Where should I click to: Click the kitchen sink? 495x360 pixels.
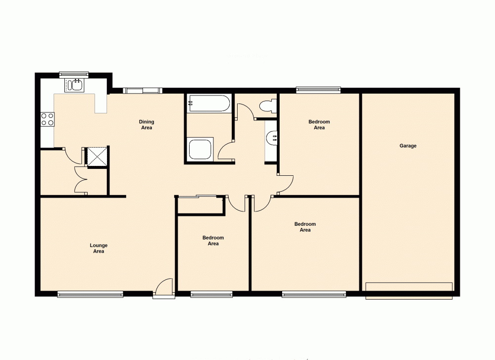(74, 86)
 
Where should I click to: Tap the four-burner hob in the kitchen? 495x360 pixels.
(48, 119)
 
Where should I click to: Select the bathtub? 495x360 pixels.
(208, 104)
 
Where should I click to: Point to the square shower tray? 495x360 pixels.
(200, 149)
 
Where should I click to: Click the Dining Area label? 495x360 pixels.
(146, 125)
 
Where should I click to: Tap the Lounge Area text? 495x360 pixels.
(99, 248)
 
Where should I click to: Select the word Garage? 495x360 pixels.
(408, 146)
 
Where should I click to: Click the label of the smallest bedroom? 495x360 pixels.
(213, 241)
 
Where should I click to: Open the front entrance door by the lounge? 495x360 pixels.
(163, 289)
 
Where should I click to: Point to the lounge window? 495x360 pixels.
(90, 294)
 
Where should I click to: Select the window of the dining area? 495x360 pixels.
(142, 90)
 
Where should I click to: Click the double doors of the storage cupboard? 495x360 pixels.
(80, 180)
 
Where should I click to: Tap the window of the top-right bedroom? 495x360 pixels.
(318, 90)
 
